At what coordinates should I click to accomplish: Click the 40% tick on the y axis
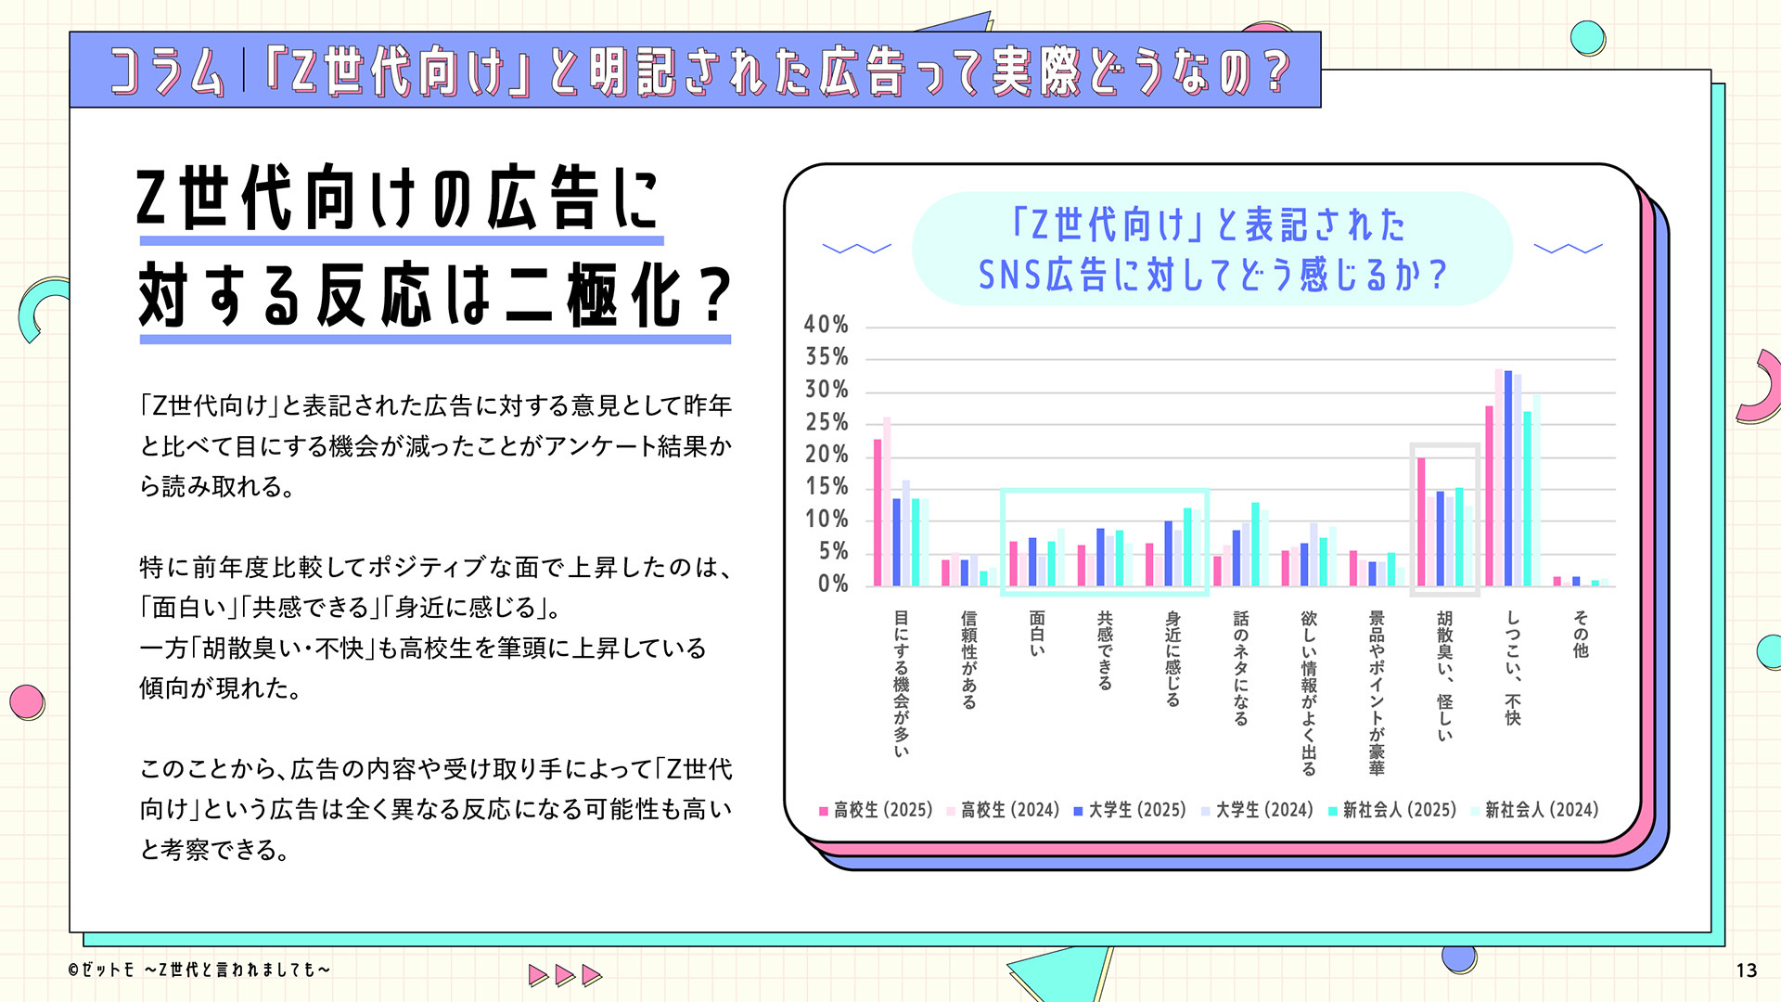pyautogui.click(x=826, y=325)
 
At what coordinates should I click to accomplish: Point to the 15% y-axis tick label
pyautogui.click(x=826, y=487)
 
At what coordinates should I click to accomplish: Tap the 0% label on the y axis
pyautogui.click(x=832, y=584)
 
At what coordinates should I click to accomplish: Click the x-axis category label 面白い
pyautogui.click(x=1037, y=634)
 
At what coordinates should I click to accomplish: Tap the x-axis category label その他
pyautogui.click(x=1581, y=634)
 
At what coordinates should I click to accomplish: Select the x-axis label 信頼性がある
pyautogui.click(x=968, y=659)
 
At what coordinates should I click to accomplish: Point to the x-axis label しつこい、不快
pyautogui.click(x=1513, y=668)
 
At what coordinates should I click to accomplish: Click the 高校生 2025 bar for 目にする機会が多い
pyautogui.click(x=878, y=512)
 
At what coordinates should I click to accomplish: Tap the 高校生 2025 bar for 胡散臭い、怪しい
pyautogui.click(x=1421, y=521)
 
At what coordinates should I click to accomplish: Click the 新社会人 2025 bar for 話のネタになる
pyautogui.click(x=1255, y=544)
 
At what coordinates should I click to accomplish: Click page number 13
pyautogui.click(x=1746, y=970)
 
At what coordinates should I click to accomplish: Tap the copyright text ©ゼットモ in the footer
pyautogui.click(x=102, y=970)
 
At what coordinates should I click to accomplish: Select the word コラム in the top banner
pyautogui.click(x=168, y=71)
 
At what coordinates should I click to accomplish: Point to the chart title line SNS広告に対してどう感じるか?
pyautogui.click(x=1212, y=275)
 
